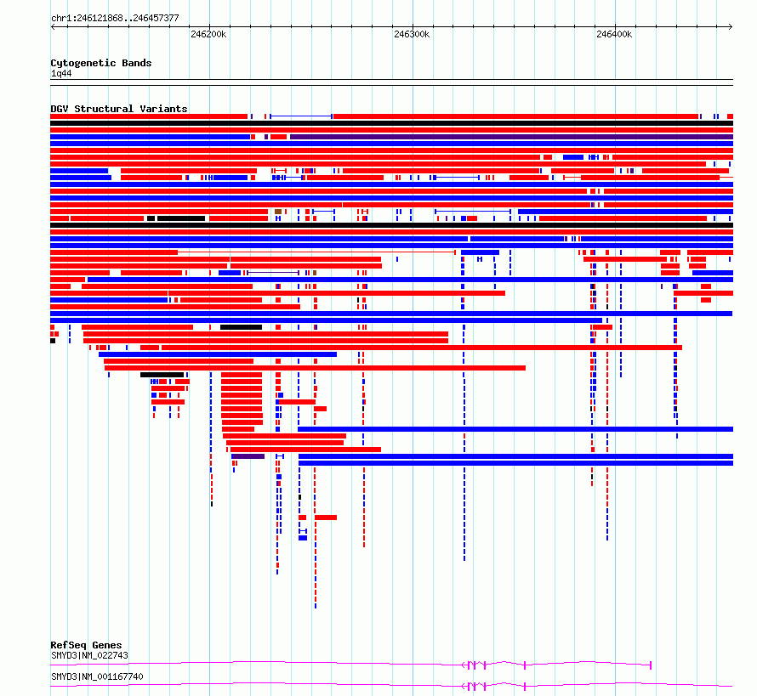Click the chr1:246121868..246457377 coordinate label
coord(115,18)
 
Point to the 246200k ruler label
coord(208,34)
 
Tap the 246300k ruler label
coord(412,34)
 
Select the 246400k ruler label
coord(614,34)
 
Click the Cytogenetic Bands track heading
coord(101,63)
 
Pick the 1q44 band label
coord(61,73)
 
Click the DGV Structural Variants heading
coord(119,109)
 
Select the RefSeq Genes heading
coord(86,645)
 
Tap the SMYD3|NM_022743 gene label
coord(90,655)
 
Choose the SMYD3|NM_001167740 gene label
coord(97,676)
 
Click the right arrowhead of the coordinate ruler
coord(731,26)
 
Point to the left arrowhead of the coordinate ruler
coord(53,26)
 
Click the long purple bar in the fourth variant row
coord(511,137)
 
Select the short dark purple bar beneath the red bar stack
coord(248,456)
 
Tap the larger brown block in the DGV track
coord(278,212)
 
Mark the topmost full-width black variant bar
coord(391,123)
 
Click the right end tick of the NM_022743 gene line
coord(651,665)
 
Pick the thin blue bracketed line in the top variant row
coord(301,116)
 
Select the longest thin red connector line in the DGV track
coord(316,252)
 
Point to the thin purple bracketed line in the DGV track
coord(273,273)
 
